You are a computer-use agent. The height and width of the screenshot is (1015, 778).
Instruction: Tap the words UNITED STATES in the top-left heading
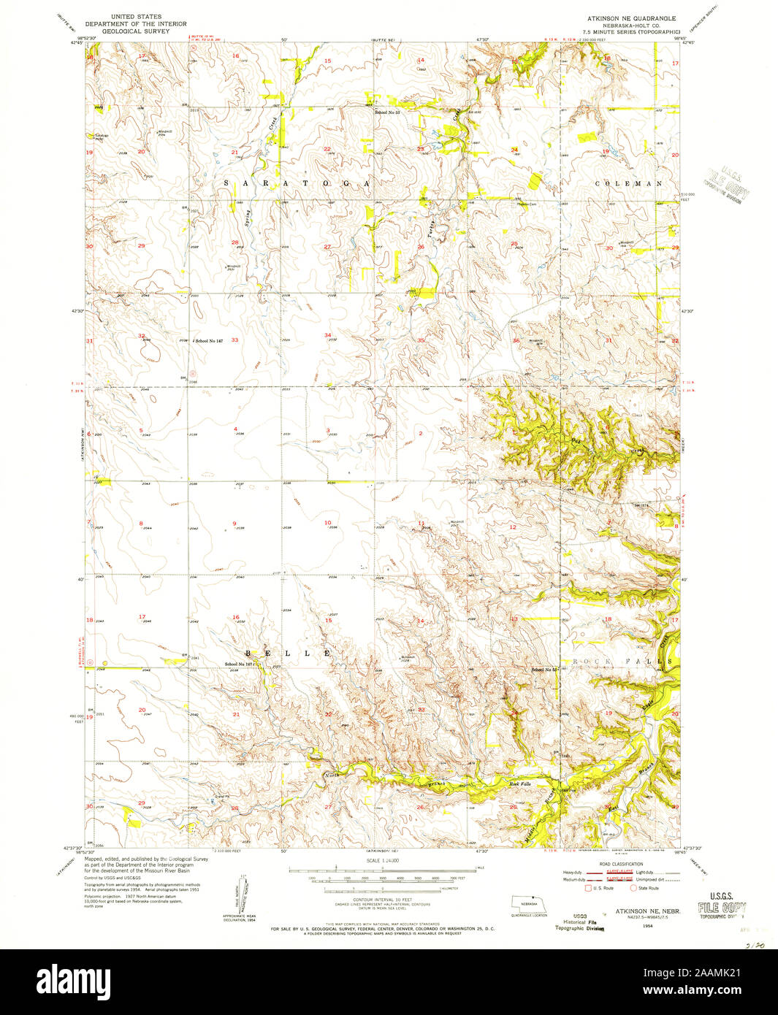[134, 15]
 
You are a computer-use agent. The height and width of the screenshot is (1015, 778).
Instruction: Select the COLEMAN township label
[628, 183]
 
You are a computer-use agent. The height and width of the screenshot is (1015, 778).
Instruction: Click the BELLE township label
[288, 652]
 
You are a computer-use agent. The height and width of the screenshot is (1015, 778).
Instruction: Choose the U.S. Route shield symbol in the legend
[588, 888]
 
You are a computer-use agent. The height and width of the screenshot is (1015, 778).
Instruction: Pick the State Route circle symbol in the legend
[633, 888]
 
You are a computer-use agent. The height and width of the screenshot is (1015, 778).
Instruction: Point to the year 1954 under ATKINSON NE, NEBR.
[647, 924]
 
